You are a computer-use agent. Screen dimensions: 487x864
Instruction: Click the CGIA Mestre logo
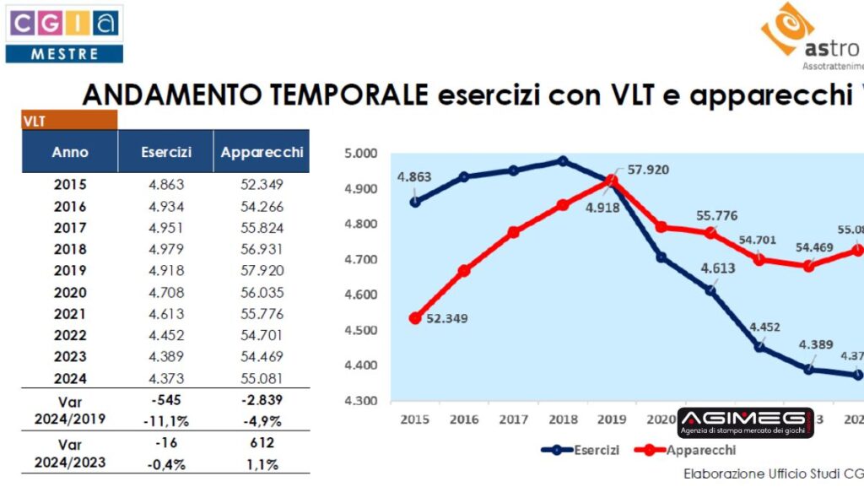pyautogui.click(x=64, y=34)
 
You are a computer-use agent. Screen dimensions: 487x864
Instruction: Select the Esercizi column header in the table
pyautogui.click(x=165, y=153)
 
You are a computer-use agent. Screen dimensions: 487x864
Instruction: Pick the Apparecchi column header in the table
pyautogui.click(x=261, y=153)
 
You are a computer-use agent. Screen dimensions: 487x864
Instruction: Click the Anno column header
pyautogui.click(x=70, y=153)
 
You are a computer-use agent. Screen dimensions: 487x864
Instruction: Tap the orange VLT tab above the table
pyautogui.click(x=69, y=120)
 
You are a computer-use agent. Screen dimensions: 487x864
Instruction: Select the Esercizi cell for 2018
pyautogui.click(x=165, y=249)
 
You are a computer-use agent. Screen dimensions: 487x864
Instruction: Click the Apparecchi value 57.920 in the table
pyautogui.click(x=261, y=270)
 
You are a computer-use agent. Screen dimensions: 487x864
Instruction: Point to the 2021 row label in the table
pyautogui.click(x=70, y=313)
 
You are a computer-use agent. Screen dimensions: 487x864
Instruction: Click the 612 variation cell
pyautogui.click(x=261, y=443)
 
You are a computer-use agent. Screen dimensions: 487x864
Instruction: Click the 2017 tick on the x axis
pyautogui.click(x=513, y=419)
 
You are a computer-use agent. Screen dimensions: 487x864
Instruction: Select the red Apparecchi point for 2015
pyautogui.click(x=415, y=318)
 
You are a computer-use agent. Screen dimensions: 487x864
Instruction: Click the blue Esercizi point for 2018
pyautogui.click(x=563, y=161)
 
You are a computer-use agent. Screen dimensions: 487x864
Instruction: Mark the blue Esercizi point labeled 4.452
pyautogui.click(x=760, y=346)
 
